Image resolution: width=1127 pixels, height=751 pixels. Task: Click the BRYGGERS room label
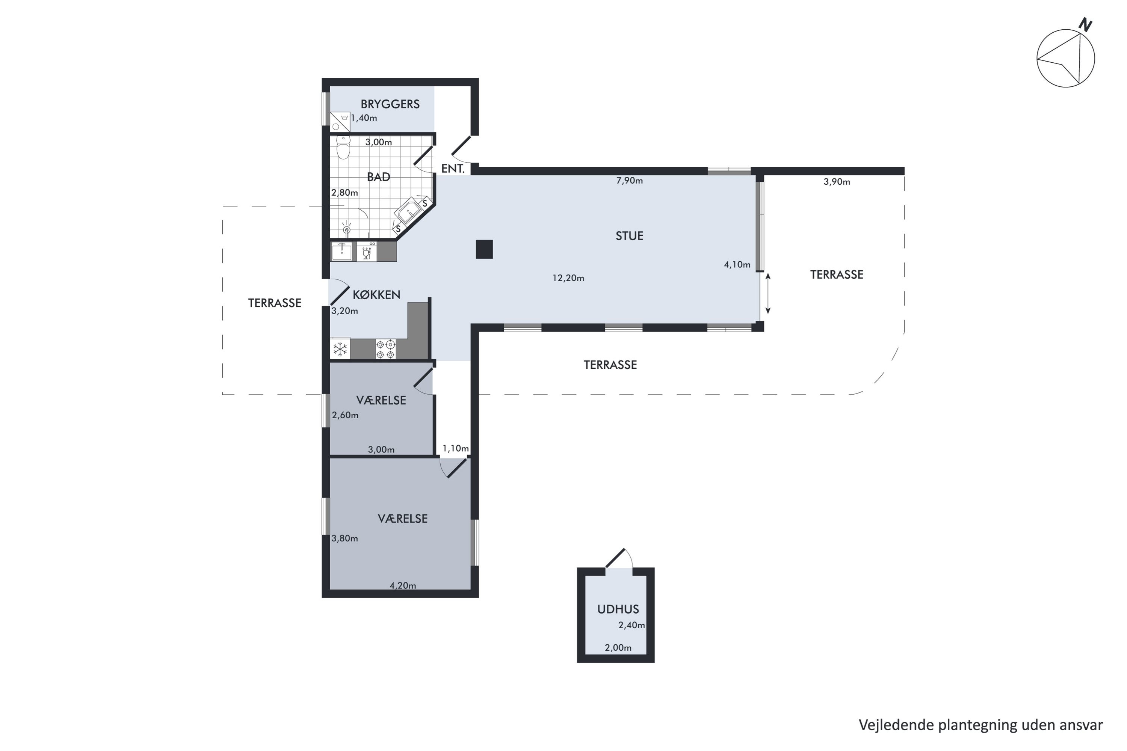(390, 104)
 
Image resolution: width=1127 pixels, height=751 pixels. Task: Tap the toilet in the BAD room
(343, 147)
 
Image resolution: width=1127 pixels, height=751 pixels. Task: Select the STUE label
(629, 236)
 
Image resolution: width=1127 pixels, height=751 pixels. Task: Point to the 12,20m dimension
(568, 278)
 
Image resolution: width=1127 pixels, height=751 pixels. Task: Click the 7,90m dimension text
(629, 181)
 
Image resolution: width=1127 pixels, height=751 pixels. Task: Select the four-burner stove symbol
(386, 349)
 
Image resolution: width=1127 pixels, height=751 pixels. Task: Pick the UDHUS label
(618, 609)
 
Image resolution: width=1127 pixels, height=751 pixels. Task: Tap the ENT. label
(453, 169)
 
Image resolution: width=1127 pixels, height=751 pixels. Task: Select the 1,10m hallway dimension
(455, 448)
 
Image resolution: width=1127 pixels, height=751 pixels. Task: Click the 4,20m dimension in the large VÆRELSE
(402, 585)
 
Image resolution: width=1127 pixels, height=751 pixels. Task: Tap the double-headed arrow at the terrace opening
(767, 294)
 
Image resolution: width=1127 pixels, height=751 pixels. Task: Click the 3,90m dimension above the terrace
(837, 181)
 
